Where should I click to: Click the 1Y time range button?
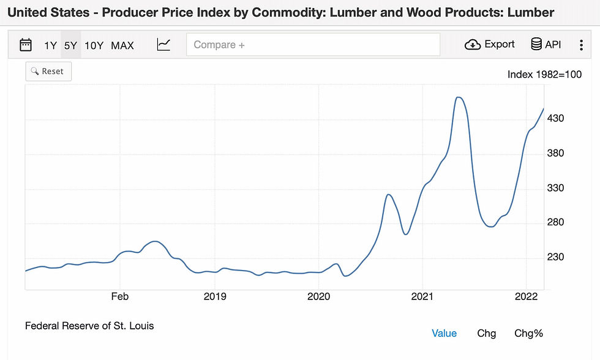click(50, 45)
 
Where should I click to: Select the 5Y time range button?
click(70, 45)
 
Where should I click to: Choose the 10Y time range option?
click(94, 45)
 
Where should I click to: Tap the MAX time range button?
click(122, 45)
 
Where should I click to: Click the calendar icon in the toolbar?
click(26, 45)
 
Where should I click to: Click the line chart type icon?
click(163, 45)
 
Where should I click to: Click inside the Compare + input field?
click(313, 45)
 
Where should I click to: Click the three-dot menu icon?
click(581, 45)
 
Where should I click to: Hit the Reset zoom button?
click(48, 72)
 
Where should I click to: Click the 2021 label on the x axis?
click(423, 296)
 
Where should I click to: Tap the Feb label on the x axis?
click(120, 296)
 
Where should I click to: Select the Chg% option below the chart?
click(528, 333)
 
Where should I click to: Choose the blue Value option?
click(444, 333)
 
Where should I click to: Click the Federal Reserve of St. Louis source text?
click(89, 326)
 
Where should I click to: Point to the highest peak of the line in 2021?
click(459, 97)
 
